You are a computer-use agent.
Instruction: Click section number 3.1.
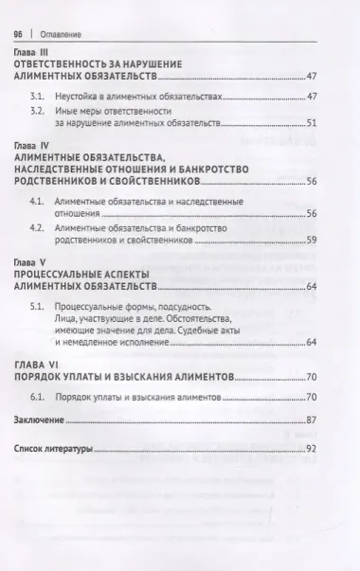coord(38,98)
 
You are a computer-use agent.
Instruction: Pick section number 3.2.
coord(38,112)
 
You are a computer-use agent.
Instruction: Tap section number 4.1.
coord(38,204)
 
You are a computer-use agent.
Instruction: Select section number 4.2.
coord(38,229)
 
